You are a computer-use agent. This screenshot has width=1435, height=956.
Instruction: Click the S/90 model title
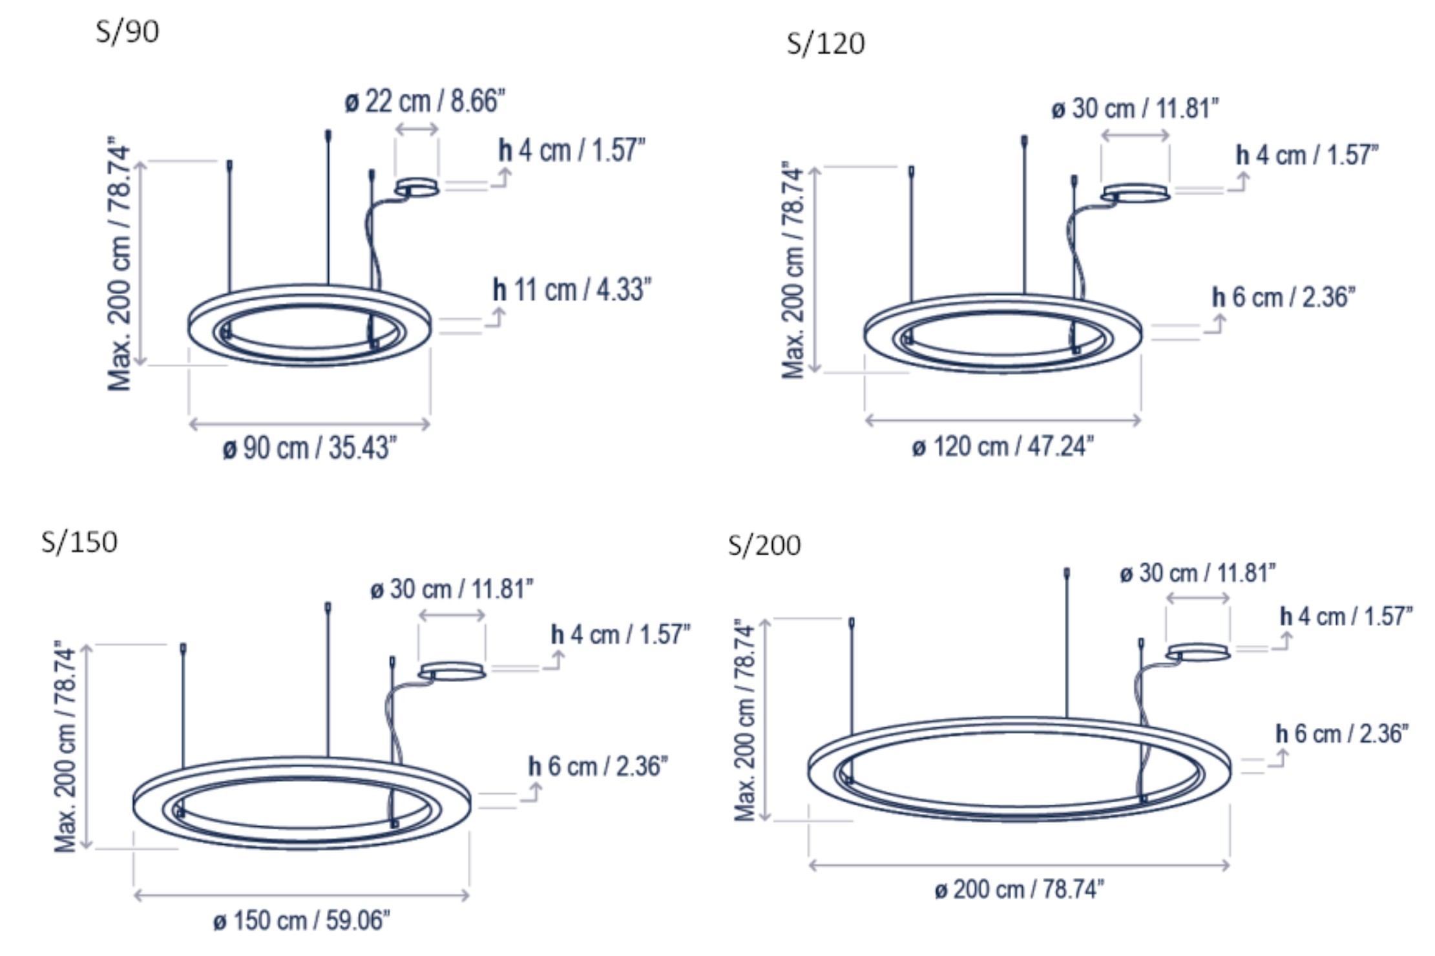point(127,31)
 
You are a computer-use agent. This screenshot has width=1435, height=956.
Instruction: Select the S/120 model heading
point(826,44)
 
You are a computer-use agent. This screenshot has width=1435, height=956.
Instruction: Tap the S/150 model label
point(79,542)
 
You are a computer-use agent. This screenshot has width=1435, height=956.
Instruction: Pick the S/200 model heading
point(764,545)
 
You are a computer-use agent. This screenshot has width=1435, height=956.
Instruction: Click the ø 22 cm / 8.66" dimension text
point(424,101)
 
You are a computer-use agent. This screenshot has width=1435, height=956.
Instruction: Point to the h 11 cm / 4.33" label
point(572,290)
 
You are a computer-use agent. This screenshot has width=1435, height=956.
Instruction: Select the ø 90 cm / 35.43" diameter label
point(309,447)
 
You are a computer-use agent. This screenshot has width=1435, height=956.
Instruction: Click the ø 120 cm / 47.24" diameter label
point(1003,446)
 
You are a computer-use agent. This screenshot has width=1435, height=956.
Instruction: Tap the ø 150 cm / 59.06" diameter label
point(302,920)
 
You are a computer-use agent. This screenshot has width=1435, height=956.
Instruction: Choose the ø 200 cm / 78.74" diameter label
point(1020,889)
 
